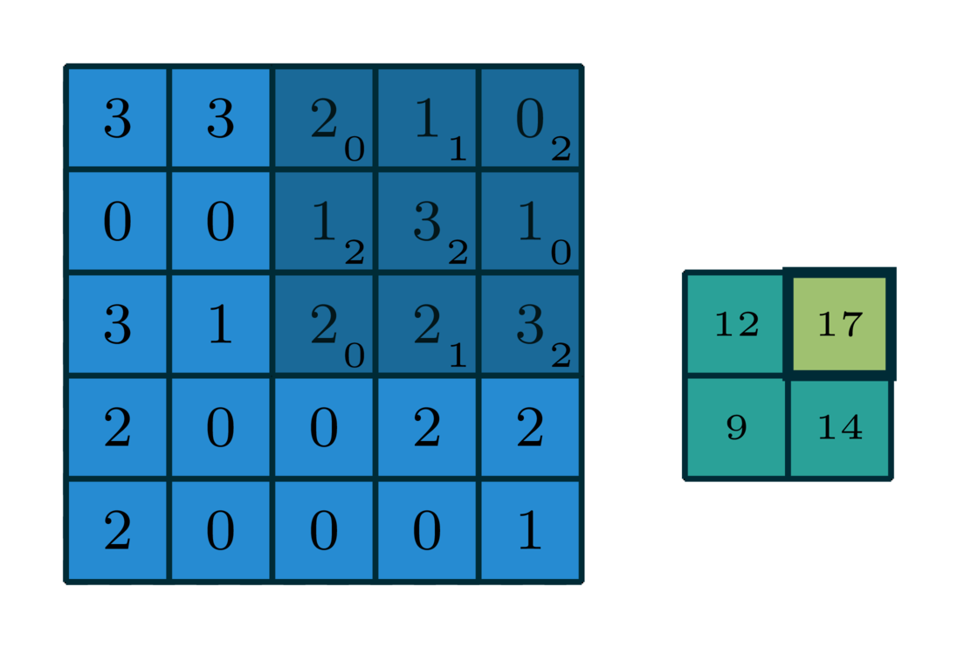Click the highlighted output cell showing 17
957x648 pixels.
840,324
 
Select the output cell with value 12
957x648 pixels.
736,324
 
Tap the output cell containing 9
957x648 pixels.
736,428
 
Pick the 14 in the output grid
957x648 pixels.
840,428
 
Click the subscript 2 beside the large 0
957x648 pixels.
561,149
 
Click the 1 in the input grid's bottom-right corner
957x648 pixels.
529,531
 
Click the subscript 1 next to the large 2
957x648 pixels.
458,355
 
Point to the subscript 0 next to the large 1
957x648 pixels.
561,252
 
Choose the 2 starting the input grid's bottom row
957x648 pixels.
117,531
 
